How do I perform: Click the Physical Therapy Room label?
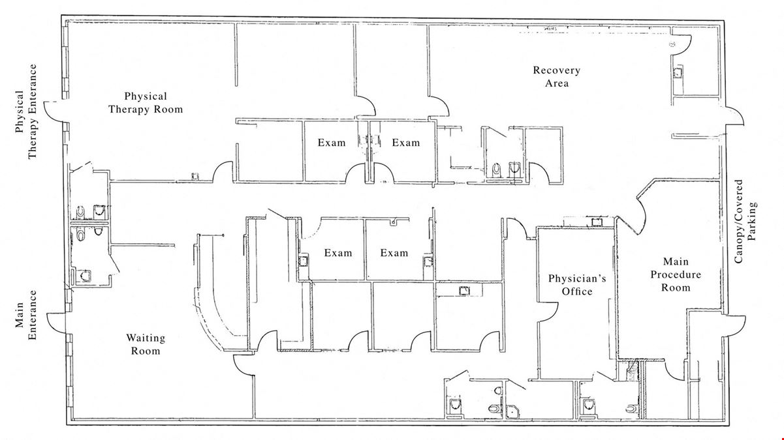(x=146, y=103)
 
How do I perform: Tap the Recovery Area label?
(x=556, y=76)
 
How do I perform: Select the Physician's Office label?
(x=577, y=285)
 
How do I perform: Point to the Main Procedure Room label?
(x=676, y=274)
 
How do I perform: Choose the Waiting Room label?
(x=146, y=344)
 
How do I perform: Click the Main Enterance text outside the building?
(x=25, y=315)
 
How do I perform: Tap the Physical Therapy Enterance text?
(x=25, y=111)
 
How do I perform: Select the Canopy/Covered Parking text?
(x=745, y=221)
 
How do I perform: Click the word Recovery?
(x=556, y=70)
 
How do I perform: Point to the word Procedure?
(x=676, y=275)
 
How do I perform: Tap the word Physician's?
(x=577, y=278)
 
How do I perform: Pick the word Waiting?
(x=146, y=338)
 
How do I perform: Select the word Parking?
(x=752, y=221)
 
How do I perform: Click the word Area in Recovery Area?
(x=556, y=83)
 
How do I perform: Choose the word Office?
(x=577, y=291)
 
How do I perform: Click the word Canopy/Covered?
(x=738, y=221)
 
